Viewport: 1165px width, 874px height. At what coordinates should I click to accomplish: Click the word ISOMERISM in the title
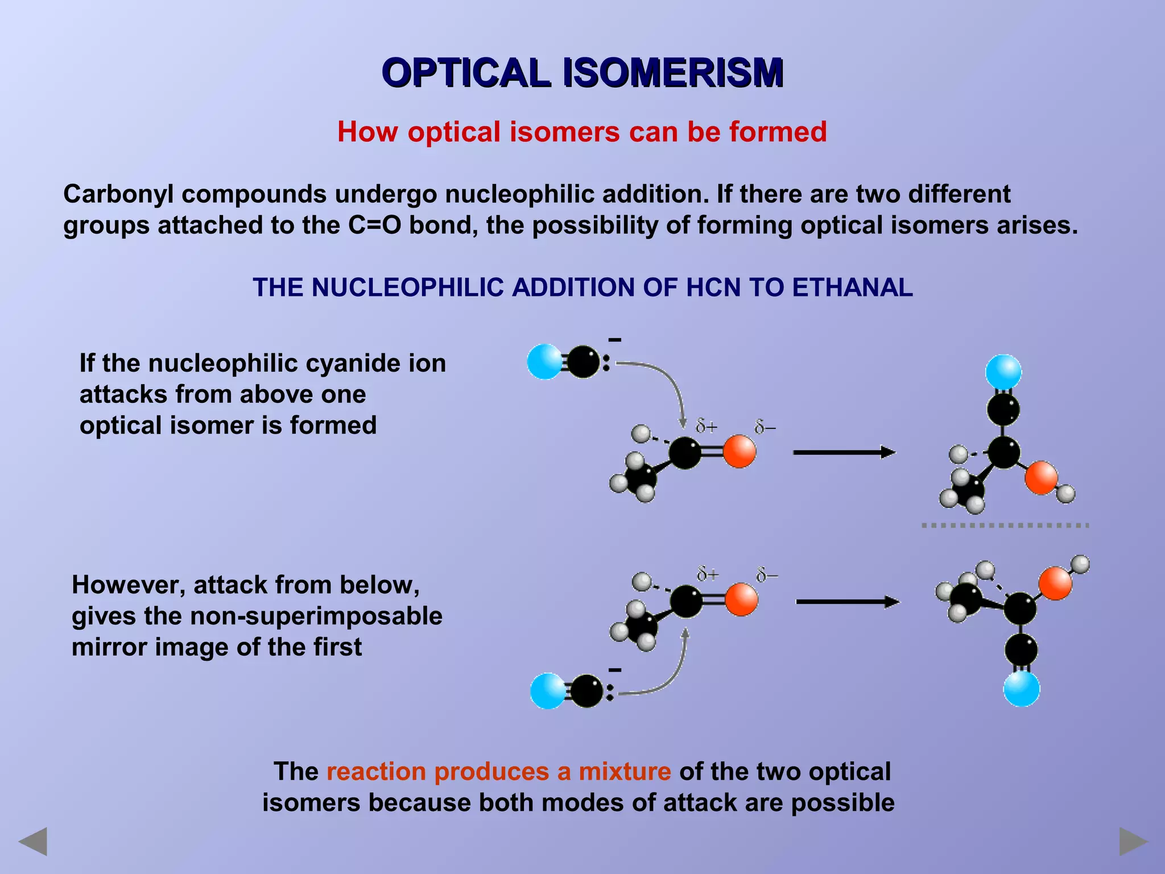pyautogui.click(x=673, y=73)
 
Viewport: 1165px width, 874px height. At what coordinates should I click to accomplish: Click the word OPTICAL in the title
pyautogui.click(x=466, y=73)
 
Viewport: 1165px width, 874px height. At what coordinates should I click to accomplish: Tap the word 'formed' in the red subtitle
pyautogui.click(x=778, y=132)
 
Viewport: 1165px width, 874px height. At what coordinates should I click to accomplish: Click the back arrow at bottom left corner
pyautogui.click(x=33, y=842)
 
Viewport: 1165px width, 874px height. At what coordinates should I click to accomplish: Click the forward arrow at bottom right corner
pyautogui.click(x=1133, y=842)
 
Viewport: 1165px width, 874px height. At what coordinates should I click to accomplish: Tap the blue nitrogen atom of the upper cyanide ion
pyautogui.click(x=544, y=361)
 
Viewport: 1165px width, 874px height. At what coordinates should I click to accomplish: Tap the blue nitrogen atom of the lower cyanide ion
pyautogui.click(x=548, y=691)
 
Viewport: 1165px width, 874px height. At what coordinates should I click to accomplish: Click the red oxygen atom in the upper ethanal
pyautogui.click(x=740, y=452)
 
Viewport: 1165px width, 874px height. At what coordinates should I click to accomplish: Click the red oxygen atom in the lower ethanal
pyautogui.click(x=741, y=600)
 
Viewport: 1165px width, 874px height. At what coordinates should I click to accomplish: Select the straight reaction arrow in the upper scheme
pyautogui.click(x=844, y=452)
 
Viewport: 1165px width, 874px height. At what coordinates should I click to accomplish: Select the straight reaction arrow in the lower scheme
pyautogui.click(x=847, y=601)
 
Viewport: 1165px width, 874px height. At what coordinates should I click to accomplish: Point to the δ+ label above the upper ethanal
pyautogui.click(x=707, y=426)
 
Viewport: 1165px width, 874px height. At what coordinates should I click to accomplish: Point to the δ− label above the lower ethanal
pyautogui.click(x=767, y=576)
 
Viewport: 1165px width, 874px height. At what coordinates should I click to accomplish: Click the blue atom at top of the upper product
pyautogui.click(x=1003, y=372)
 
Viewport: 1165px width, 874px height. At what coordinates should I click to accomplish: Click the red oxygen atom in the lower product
pyautogui.click(x=1055, y=583)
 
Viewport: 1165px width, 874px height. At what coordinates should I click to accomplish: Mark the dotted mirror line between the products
pyautogui.click(x=1005, y=525)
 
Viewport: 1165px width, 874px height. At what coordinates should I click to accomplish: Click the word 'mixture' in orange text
pyautogui.click(x=625, y=772)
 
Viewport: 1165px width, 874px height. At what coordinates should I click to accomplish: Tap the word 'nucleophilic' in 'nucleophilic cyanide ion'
pyautogui.click(x=219, y=363)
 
